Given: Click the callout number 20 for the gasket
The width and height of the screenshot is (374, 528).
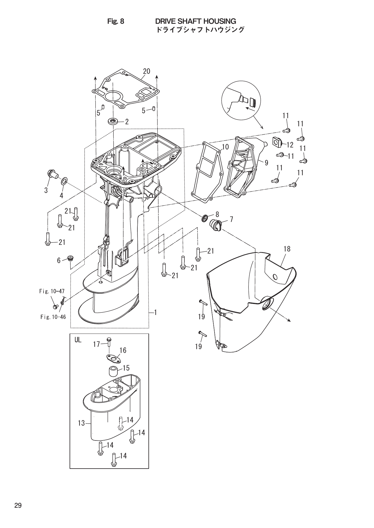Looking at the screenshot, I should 146,71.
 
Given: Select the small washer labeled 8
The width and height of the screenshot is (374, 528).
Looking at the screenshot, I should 204,217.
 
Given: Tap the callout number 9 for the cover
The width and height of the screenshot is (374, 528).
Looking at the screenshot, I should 266,163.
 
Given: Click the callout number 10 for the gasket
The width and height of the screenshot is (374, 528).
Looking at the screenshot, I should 225,147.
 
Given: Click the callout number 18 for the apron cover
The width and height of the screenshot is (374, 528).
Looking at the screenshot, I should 287,249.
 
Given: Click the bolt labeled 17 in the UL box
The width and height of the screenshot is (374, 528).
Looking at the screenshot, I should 109,342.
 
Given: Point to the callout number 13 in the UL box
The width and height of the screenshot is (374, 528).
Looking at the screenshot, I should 81,423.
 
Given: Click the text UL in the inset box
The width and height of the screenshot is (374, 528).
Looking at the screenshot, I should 78,340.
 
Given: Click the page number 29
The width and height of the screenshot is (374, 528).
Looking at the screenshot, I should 18,506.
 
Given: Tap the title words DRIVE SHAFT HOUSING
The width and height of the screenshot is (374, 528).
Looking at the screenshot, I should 195,21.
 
